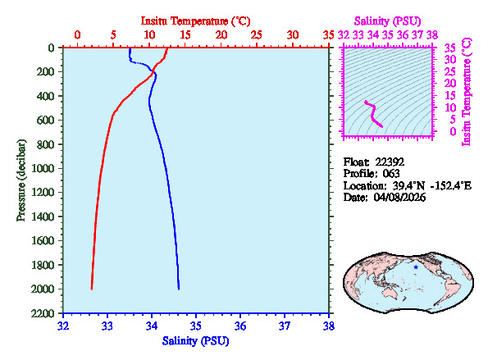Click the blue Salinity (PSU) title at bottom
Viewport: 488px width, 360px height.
coord(196,339)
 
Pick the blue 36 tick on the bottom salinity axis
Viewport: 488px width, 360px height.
coord(240,326)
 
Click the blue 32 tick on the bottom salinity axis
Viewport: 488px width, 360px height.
coord(64,326)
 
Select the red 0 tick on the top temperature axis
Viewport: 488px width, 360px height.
coord(78,35)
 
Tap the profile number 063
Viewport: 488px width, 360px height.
coord(391,174)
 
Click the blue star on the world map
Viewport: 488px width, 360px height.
coord(416,267)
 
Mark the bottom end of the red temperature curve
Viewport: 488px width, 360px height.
coord(92,289)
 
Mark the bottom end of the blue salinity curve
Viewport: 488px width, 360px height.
coord(179,289)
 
